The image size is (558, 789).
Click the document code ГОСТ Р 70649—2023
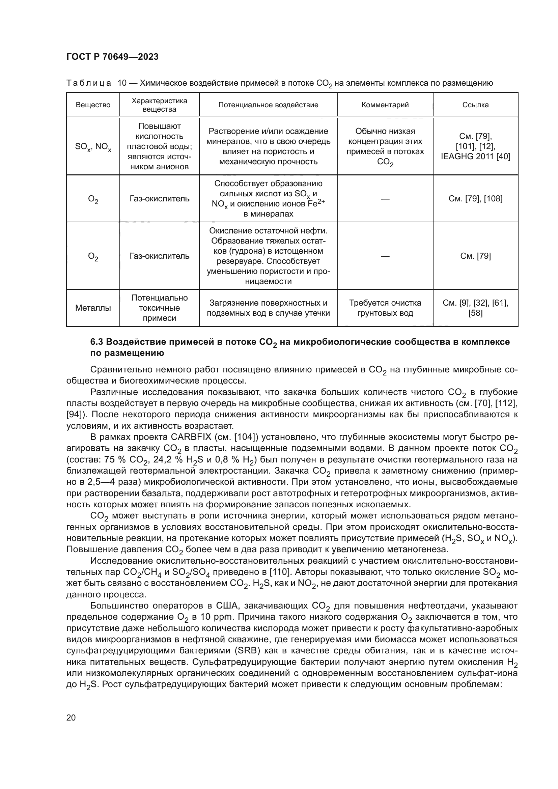[112, 57]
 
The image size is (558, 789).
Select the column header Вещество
[93, 105]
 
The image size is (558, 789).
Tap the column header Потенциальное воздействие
[268, 105]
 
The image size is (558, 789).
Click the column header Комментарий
[385, 105]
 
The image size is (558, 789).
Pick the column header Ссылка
[475, 105]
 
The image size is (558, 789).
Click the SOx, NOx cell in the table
[93, 147]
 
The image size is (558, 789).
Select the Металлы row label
[93, 308]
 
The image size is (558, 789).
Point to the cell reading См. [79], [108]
[475, 199]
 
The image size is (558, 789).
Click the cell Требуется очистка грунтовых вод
[385, 308]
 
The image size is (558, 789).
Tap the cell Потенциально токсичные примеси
[159, 308]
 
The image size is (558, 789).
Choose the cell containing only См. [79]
[475, 256]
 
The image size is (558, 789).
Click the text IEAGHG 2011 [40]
[475, 157]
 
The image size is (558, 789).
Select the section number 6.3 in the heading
[96, 342]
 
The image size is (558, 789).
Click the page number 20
[71, 717]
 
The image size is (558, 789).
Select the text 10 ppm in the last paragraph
[211, 617]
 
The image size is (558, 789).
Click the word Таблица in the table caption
[89, 83]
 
